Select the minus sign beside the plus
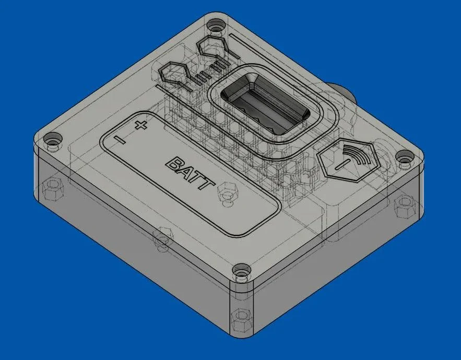120,140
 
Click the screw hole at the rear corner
215,25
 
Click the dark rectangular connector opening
265,104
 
